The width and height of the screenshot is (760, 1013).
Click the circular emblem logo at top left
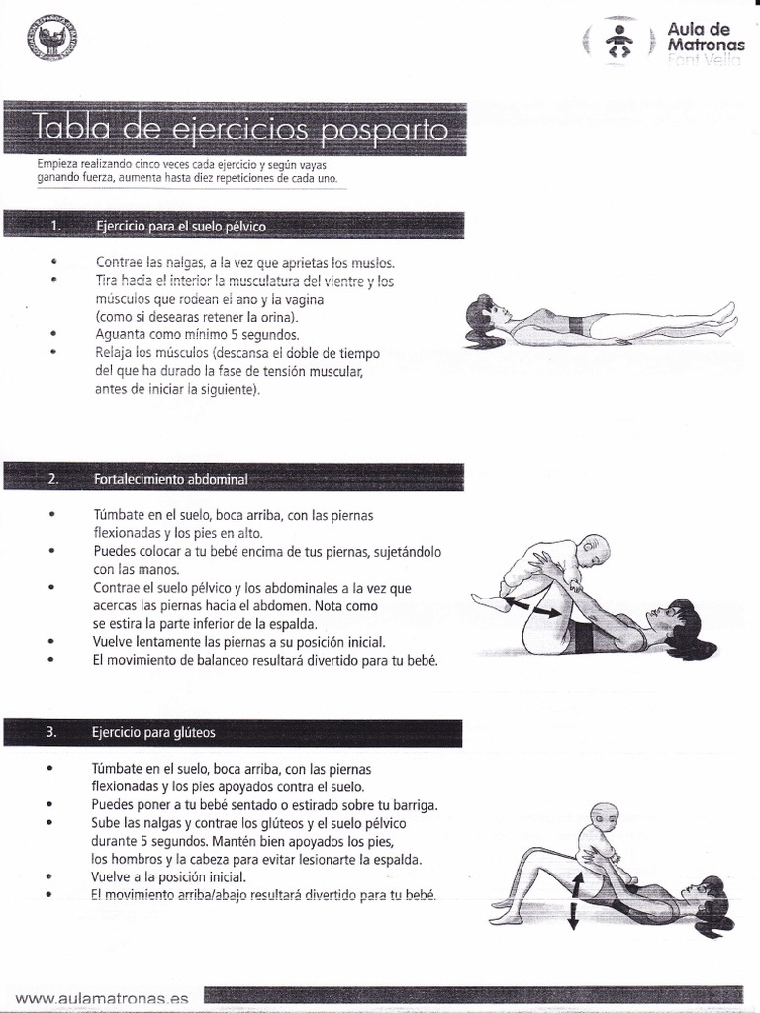click(x=53, y=39)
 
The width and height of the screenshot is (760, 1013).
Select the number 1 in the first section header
click(x=55, y=227)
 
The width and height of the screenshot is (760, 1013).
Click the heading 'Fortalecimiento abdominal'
click(x=170, y=479)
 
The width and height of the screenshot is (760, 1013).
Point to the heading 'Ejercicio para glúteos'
click(x=153, y=733)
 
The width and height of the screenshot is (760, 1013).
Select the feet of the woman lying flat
click(x=725, y=316)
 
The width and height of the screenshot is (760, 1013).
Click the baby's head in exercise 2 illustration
click(x=594, y=549)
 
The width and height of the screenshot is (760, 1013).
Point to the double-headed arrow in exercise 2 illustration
click(x=535, y=605)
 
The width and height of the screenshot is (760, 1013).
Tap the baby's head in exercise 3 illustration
click(x=604, y=817)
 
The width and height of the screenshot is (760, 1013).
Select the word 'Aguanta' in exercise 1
click(x=121, y=334)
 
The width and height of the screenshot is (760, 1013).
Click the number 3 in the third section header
click(x=50, y=733)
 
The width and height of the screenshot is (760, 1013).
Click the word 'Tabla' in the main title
click(x=70, y=130)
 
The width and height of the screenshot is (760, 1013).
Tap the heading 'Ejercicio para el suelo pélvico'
click(x=181, y=227)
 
